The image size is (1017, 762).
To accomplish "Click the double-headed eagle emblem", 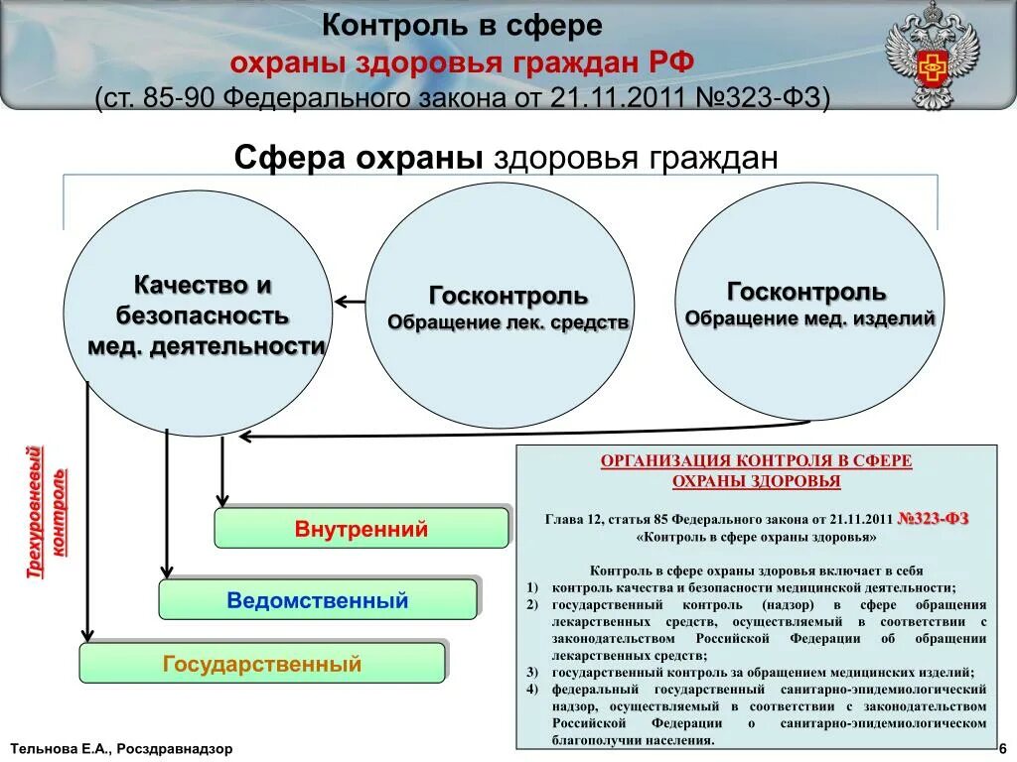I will click(x=932, y=56).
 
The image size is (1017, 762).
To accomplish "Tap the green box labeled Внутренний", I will click(x=362, y=528).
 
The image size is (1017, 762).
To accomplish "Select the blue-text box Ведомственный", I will click(x=318, y=600).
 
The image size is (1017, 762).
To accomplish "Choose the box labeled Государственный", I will click(x=262, y=664).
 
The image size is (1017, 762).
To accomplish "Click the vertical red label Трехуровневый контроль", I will click(x=47, y=512).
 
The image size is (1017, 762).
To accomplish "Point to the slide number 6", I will click(x=1003, y=748).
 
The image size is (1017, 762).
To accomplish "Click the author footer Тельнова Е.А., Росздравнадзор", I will click(x=122, y=749).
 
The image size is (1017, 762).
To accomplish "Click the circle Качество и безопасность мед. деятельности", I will click(x=197, y=314).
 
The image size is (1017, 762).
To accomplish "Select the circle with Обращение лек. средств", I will click(x=500, y=306).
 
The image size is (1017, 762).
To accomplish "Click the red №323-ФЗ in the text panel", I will click(x=933, y=519).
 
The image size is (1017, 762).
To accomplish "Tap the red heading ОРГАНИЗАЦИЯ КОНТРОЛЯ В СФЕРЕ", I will click(x=756, y=461).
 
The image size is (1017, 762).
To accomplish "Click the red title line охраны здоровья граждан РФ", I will click(x=463, y=63).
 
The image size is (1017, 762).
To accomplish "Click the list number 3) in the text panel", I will click(x=532, y=672).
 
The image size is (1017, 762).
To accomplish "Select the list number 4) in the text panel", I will click(x=532, y=689).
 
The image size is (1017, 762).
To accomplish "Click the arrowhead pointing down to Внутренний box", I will click(x=222, y=500).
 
